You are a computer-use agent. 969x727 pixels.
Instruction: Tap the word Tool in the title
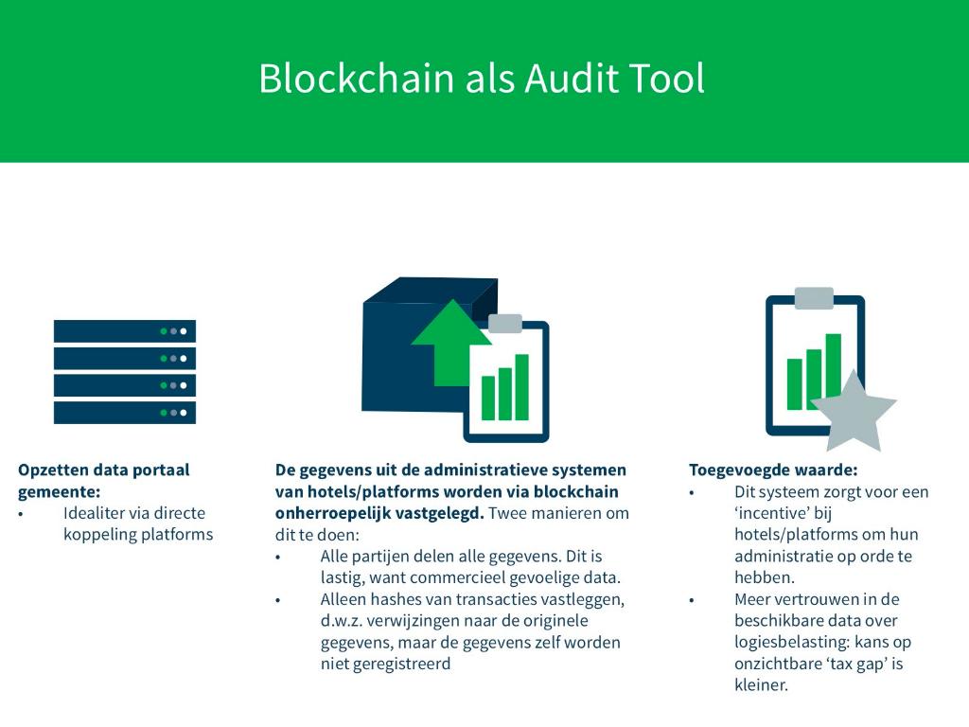[x=669, y=79]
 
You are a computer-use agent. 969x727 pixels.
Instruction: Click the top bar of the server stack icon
[x=124, y=331]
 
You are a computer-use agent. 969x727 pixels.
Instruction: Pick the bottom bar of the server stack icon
[x=124, y=413]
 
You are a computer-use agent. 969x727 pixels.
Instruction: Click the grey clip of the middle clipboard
[x=504, y=323]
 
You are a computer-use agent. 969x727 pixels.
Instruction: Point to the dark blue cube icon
[x=397, y=360]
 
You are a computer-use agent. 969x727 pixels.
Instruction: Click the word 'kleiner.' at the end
[x=761, y=685]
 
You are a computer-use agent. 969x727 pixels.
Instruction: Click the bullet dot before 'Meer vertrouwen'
[x=692, y=600]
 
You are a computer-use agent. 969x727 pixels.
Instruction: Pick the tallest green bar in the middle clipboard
[x=521, y=386]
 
